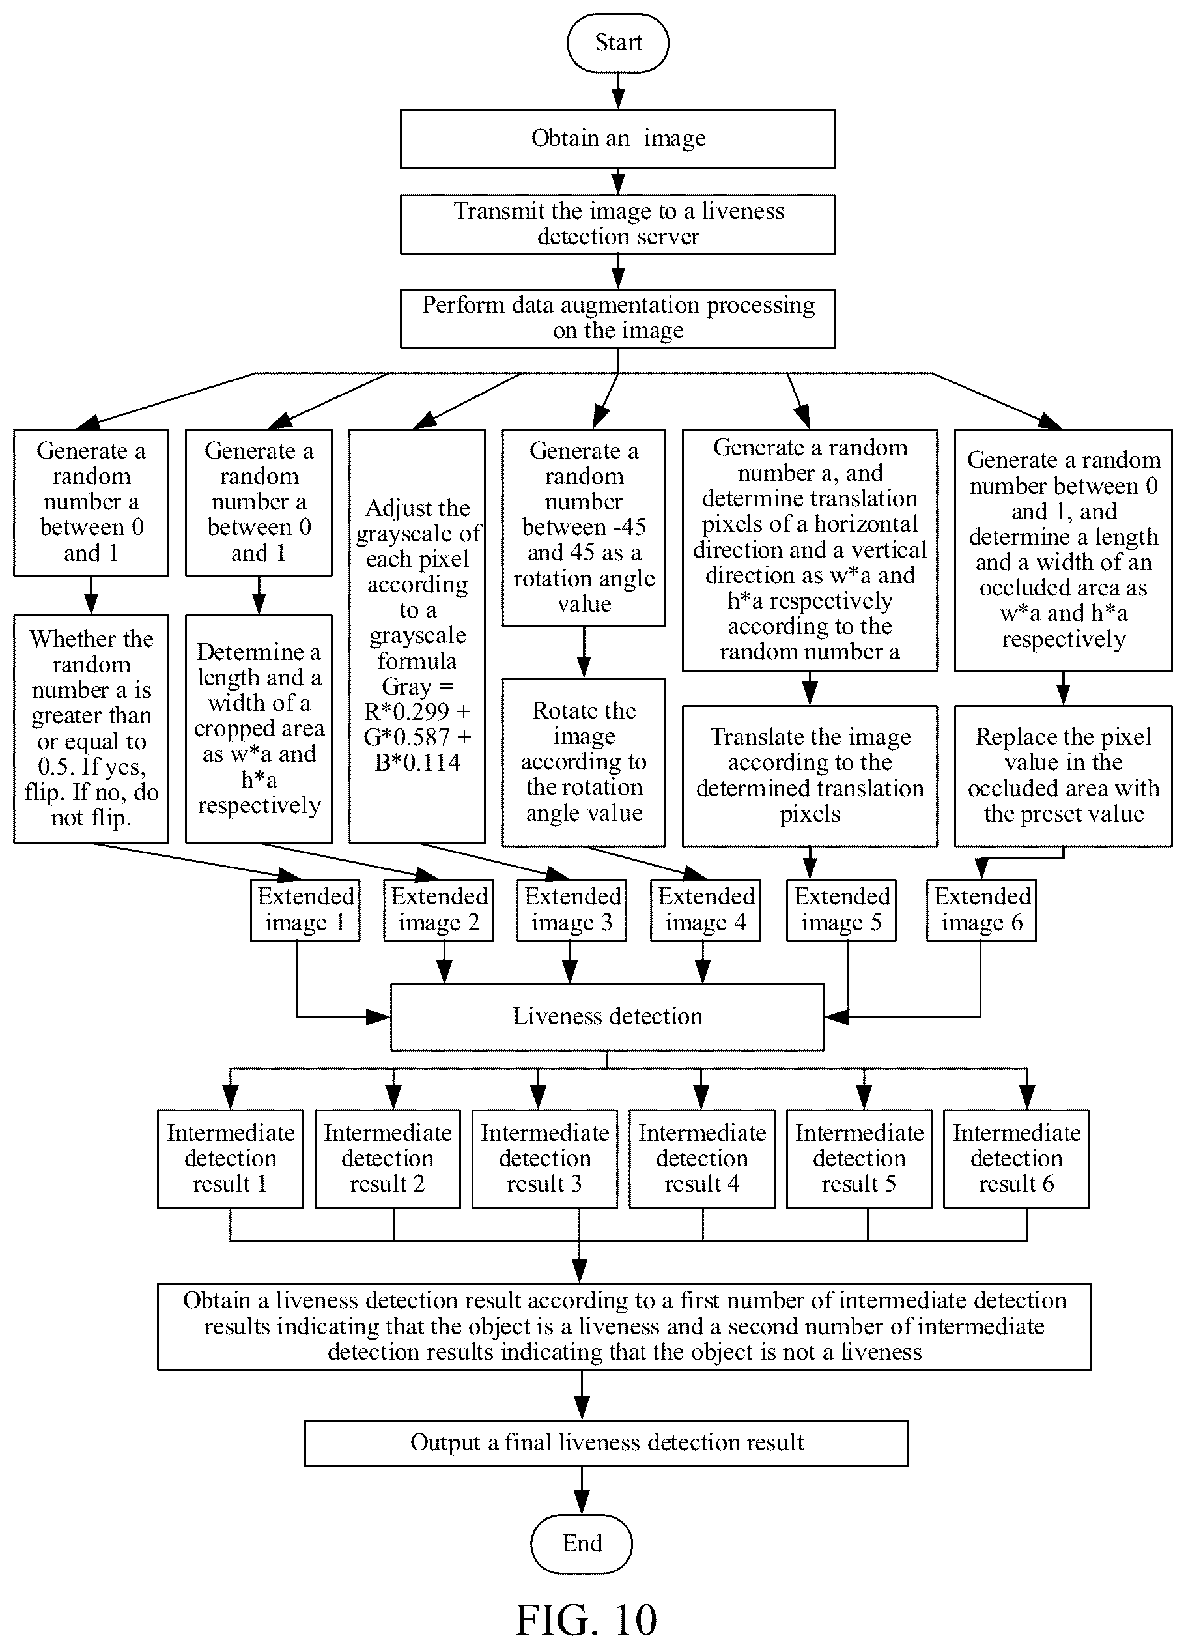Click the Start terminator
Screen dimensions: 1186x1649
coord(617,43)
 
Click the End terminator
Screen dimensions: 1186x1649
coord(582,1543)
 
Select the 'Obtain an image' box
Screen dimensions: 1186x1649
coord(617,139)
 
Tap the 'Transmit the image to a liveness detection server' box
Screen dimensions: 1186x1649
coord(617,224)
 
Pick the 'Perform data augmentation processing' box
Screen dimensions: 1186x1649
coord(617,319)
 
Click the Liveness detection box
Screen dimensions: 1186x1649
coord(608,1016)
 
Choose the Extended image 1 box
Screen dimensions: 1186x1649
coord(305,910)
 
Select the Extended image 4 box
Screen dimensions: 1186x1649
coord(705,910)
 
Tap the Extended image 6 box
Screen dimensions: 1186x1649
coord(981,910)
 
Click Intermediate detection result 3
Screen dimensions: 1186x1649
coord(545,1158)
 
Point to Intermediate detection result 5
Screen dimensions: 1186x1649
coord(859,1158)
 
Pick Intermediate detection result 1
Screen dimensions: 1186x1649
coord(231,1158)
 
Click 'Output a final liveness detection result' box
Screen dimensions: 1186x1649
coord(607,1442)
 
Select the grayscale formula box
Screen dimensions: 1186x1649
coord(417,636)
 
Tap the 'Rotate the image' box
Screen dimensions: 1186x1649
coord(584,762)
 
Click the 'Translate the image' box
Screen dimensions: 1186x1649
coord(810,776)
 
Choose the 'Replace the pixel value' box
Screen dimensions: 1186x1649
coord(1063,776)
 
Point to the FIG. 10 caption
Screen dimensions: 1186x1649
coord(586,1620)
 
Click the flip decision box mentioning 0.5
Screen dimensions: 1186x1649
coord(91,729)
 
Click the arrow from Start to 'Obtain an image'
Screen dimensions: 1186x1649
coord(617,91)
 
